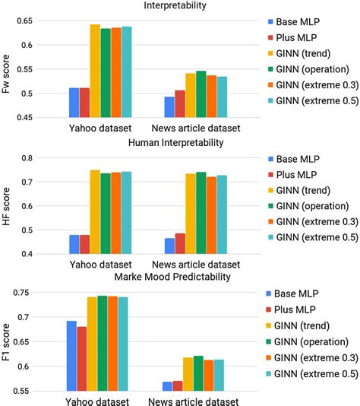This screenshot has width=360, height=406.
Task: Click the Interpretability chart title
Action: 179,6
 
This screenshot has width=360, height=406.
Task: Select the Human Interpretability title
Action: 179,142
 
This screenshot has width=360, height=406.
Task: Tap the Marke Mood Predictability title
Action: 179,278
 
